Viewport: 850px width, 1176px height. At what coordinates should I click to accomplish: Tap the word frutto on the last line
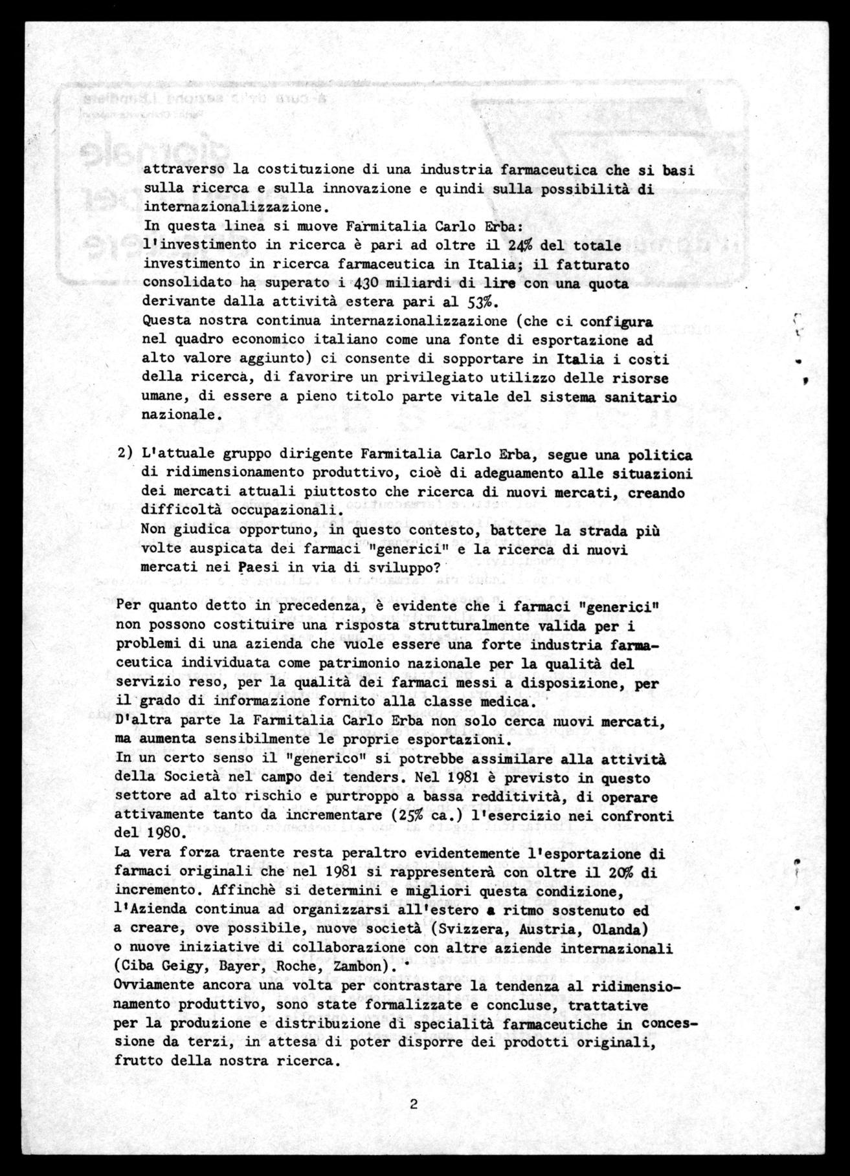(x=135, y=1061)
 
